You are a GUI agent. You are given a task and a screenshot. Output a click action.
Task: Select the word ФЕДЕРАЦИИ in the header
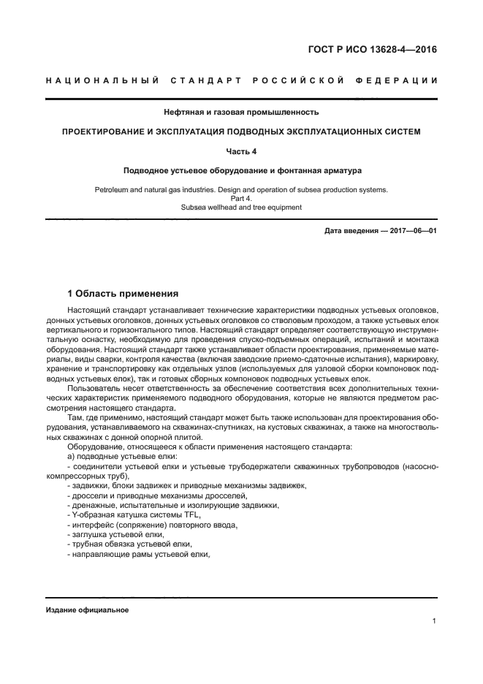click(x=397, y=80)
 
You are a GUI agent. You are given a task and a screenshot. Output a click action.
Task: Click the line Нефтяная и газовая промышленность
click(x=241, y=113)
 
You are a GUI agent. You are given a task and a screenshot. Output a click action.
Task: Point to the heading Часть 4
click(x=241, y=151)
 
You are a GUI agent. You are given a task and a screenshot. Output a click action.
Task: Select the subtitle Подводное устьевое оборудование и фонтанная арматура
click(x=241, y=170)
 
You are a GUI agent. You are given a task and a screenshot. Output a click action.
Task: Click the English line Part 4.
click(x=241, y=198)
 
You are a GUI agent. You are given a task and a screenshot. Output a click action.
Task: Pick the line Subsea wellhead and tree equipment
click(x=241, y=207)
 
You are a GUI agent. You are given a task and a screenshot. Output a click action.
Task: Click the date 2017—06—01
click(x=412, y=231)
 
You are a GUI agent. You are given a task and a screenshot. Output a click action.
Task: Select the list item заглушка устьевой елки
click(x=120, y=533)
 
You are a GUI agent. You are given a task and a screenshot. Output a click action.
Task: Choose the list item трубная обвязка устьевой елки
click(x=129, y=544)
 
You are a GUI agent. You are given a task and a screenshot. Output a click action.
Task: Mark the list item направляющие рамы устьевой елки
click(x=137, y=553)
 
